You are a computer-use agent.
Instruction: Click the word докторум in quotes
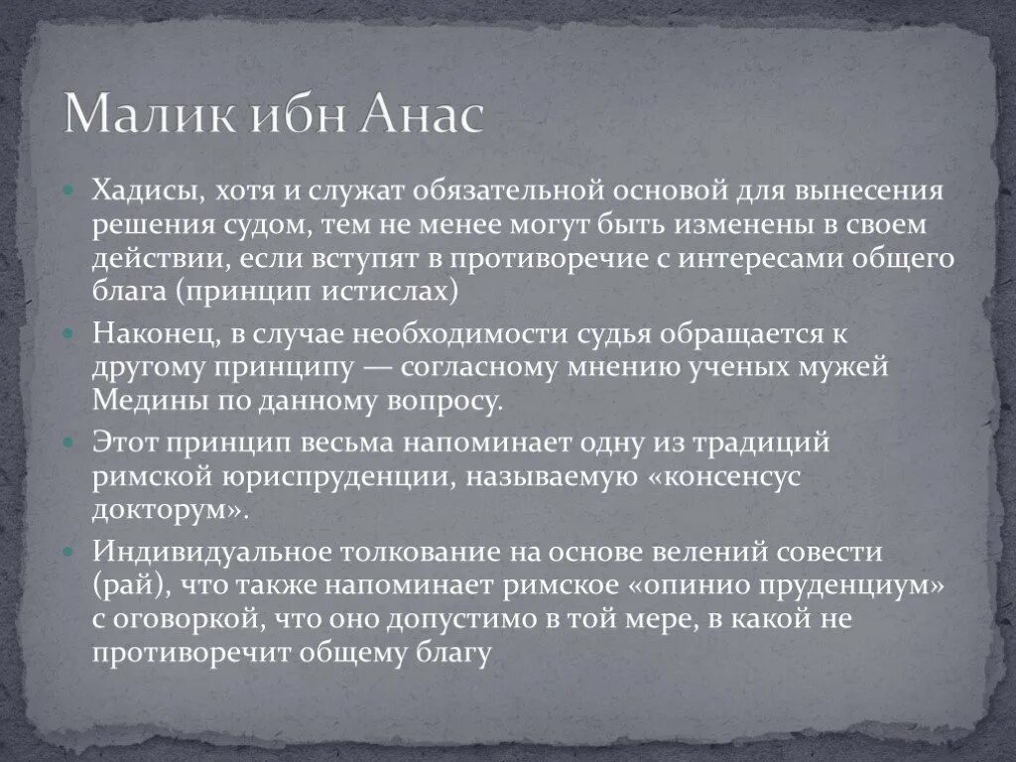168,511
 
